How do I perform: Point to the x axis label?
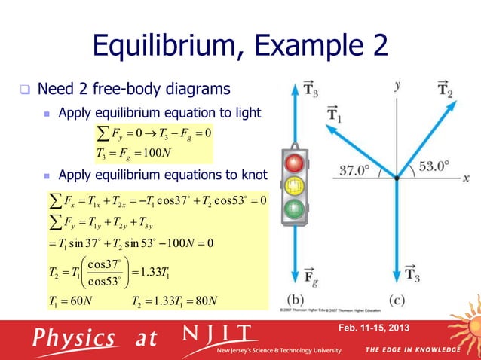[466, 178]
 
